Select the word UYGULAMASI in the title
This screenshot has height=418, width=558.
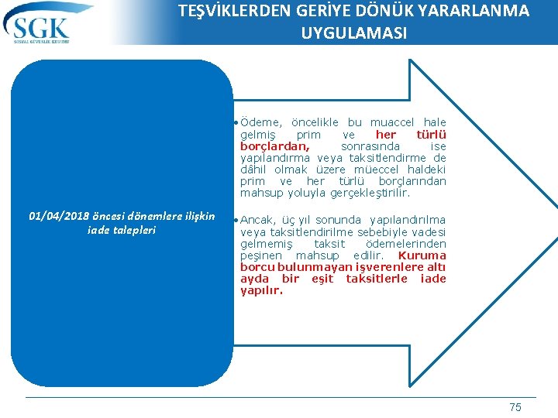pos(353,33)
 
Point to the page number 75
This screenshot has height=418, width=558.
pos(515,407)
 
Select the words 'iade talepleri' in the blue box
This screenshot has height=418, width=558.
pos(122,230)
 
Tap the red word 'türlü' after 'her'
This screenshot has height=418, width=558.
pos(432,134)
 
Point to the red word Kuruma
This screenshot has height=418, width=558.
pos(422,255)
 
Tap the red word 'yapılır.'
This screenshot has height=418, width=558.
pos(261,290)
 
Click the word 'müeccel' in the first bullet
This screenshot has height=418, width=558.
pos(377,169)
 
